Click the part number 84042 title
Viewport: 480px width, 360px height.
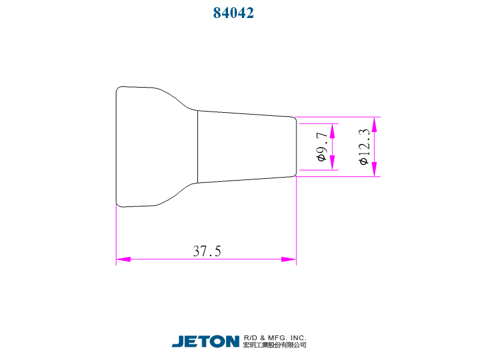tap(233, 13)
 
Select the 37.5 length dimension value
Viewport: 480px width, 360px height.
tap(207, 251)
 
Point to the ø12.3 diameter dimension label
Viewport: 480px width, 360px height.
tap(363, 146)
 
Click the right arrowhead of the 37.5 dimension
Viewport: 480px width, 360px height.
tap(289, 259)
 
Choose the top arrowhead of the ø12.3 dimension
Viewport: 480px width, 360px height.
tap(374, 124)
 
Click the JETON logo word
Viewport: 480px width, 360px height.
tap(206, 341)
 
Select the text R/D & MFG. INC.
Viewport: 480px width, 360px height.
tap(275, 337)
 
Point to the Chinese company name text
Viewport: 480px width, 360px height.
tap(275, 345)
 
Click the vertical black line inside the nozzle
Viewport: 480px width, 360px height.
tap(198, 147)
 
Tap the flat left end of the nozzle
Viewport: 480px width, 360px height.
tap(116, 147)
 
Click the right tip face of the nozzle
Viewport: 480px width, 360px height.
tap(296, 147)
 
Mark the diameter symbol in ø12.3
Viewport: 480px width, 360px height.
tap(363, 161)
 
